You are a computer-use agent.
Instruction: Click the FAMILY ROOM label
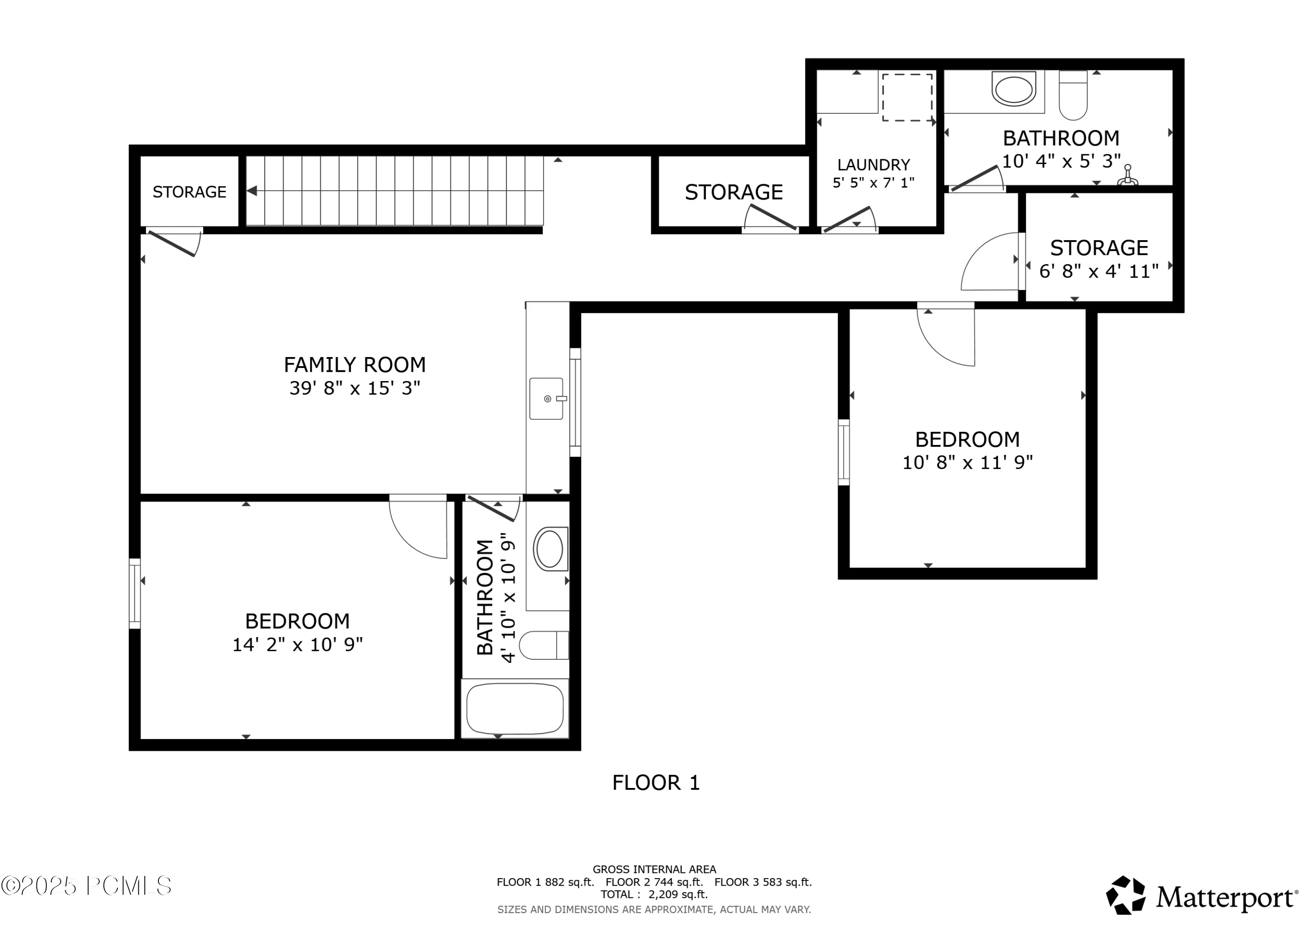[355, 365]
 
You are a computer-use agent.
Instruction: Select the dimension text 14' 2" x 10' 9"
[297, 645]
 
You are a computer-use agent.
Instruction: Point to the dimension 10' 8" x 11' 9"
[968, 462]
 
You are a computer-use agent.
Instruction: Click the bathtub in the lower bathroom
[515, 709]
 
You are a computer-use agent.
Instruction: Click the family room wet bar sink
[547, 399]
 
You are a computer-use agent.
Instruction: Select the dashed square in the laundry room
[908, 97]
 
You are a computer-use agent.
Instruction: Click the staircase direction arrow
[252, 191]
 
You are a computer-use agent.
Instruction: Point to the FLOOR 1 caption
[656, 783]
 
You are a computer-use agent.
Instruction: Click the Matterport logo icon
[1125, 896]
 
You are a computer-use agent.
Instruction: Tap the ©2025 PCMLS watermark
[86, 886]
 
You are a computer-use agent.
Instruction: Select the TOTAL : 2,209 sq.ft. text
[654, 895]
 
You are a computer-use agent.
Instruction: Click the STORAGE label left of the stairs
[189, 192]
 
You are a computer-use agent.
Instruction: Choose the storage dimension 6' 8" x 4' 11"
[1099, 271]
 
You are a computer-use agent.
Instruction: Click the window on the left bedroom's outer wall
[135, 593]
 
